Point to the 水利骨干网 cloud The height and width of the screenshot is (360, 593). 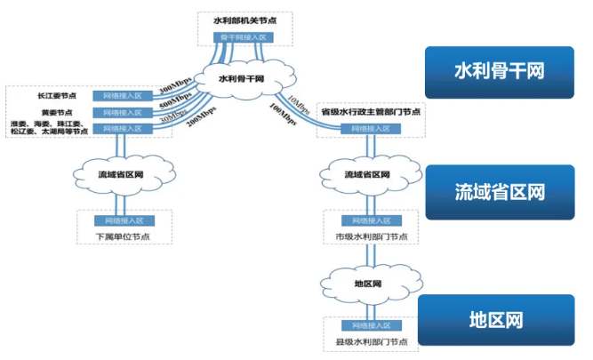pos(244,79)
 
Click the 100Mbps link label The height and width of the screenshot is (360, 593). pos(285,115)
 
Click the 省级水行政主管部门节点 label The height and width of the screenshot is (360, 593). pos(372,112)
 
